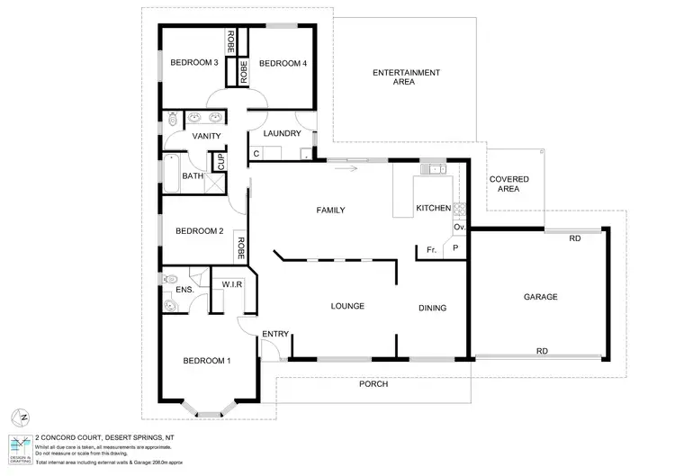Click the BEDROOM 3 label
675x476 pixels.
195,63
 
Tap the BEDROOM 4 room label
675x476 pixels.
283,63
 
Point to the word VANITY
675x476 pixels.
207,136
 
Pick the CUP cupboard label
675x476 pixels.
218,162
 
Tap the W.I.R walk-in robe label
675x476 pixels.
234,286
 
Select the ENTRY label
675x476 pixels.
274,335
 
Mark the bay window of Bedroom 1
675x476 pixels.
207,410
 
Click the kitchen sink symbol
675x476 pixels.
434,168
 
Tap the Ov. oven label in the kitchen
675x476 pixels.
458,228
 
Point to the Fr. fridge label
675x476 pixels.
431,249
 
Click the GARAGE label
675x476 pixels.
540,297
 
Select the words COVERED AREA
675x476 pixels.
508,184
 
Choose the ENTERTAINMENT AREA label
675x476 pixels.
406,77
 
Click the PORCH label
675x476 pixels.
373,383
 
